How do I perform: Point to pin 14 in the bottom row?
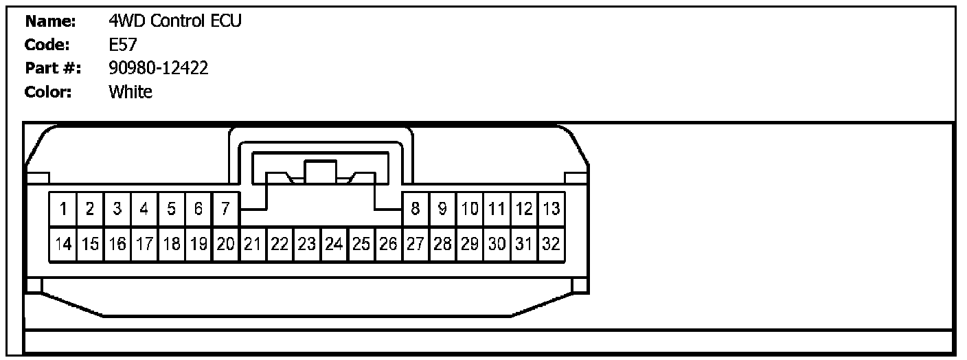62,244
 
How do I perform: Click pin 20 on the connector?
225,244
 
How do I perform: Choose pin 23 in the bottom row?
306,244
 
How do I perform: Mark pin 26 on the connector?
388,244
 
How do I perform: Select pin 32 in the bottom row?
551,244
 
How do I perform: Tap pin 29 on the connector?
470,244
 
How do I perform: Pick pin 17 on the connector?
144,244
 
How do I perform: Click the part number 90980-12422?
159,68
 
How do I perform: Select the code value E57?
123,45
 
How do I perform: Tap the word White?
130,91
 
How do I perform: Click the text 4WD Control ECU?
175,21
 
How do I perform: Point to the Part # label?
53,68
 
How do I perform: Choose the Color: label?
48,91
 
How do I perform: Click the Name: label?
50,21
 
